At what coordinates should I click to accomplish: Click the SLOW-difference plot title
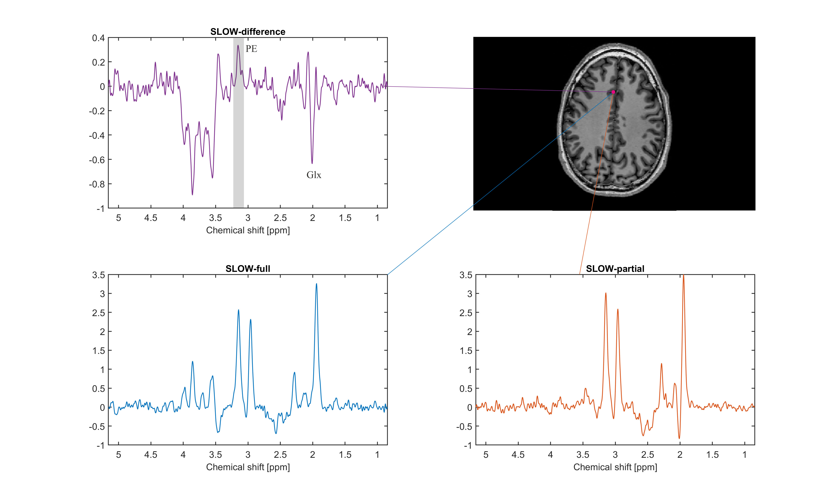pyautogui.click(x=248, y=32)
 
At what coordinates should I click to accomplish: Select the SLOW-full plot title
pyautogui.click(x=248, y=269)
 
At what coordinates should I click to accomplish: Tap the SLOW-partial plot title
pyautogui.click(x=615, y=269)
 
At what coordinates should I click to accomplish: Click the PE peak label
pyautogui.click(x=251, y=49)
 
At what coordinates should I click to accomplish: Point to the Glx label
pyautogui.click(x=314, y=175)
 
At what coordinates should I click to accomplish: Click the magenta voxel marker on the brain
pyautogui.click(x=613, y=92)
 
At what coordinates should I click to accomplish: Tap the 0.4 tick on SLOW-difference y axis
pyautogui.click(x=98, y=38)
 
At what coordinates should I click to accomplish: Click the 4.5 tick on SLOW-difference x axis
pyautogui.click(x=151, y=218)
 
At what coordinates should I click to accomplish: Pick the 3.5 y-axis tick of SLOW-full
pyautogui.click(x=98, y=275)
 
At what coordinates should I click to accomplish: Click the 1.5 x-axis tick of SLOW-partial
pyautogui.click(x=712, y=455)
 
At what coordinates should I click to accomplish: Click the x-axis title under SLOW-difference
pyautogui.click(x=248, y=230)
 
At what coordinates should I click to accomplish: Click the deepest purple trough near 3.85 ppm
pyautogui.click(x=193, y=194)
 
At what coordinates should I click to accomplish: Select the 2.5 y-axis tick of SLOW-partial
pyautogui.click(x=466, y=313)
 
